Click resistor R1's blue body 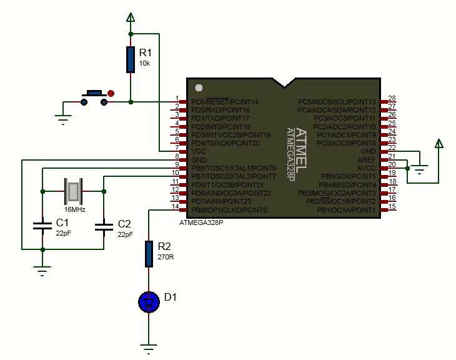(x=131, y=59)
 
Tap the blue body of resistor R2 (x=149, y=254)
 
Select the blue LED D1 (x=149, y=302)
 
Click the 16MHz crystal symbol (x=73, y=191)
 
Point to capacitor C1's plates (x=42, y=226)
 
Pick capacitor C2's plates (x=104, y=227)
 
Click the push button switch (x=94, y=97)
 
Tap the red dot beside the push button (x=111, y=93)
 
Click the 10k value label (x=144, y=63)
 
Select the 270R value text (x=166, y=257)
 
